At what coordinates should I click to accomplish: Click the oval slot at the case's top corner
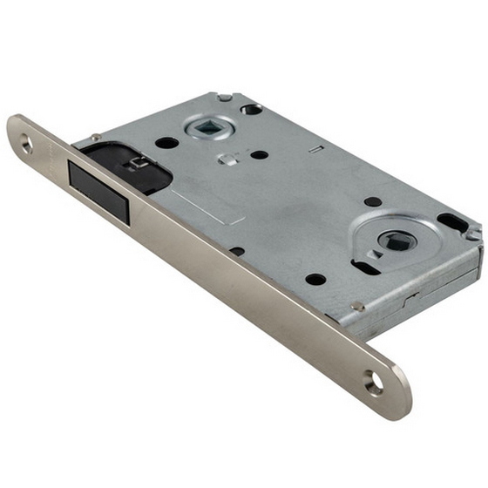(252, 109)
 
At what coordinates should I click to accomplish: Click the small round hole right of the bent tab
(259, 155)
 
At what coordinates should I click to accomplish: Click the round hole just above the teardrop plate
(373, 201)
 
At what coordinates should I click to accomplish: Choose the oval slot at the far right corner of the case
(451, 221)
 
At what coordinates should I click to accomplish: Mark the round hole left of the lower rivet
(315, 279)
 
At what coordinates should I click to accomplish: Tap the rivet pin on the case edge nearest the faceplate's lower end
(357, 306)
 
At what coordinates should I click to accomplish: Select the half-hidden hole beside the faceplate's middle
(237, 252)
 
